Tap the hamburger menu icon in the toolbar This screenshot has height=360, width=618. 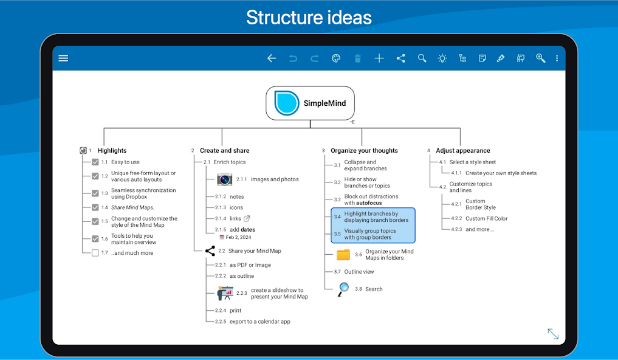pos(63,58)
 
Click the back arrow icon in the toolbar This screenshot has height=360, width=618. pos(272,58)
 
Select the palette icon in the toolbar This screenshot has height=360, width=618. pos(336,58)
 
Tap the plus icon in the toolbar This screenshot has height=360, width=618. pos(379,58)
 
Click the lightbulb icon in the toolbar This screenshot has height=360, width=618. pos(442,58)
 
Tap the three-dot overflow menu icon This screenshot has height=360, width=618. pos(557,58)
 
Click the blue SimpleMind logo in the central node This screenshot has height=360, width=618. pos(287,103)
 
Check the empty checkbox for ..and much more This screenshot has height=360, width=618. pos(95,253)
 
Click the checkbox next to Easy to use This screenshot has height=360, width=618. pos(95,162)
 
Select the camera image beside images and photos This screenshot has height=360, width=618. pos(225,179)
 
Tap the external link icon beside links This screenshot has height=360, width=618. pos(247,218)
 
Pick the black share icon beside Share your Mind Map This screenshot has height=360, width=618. pos(210,251)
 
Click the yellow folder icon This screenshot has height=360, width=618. pos(343,255)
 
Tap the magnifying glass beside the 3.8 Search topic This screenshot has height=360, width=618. pos(343,289)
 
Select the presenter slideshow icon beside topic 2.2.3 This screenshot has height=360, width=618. pos(225,293)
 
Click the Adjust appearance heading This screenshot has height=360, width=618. pos(463,151)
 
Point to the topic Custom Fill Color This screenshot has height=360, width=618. pos(486,218)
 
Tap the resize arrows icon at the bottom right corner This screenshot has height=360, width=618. pos(554,334)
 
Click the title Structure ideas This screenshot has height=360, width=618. pos(309,18)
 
